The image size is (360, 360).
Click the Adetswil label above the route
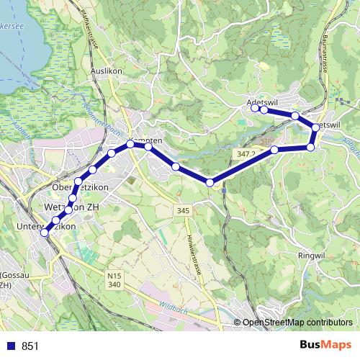(x=262, y=103)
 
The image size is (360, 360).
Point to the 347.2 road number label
(x=245, y=154)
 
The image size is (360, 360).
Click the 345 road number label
(x=182, y=211)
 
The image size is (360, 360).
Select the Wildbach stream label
(x=163, y=304)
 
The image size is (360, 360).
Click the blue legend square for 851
(x=11, y=346)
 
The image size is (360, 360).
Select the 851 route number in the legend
(x=30, y=346)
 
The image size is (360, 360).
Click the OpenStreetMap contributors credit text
(x=298, y=323)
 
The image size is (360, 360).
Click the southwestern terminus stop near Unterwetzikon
(x=45, y=233)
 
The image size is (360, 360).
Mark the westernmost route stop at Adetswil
(x=256, y=109)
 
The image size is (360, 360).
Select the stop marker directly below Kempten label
(x=131, y=145)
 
